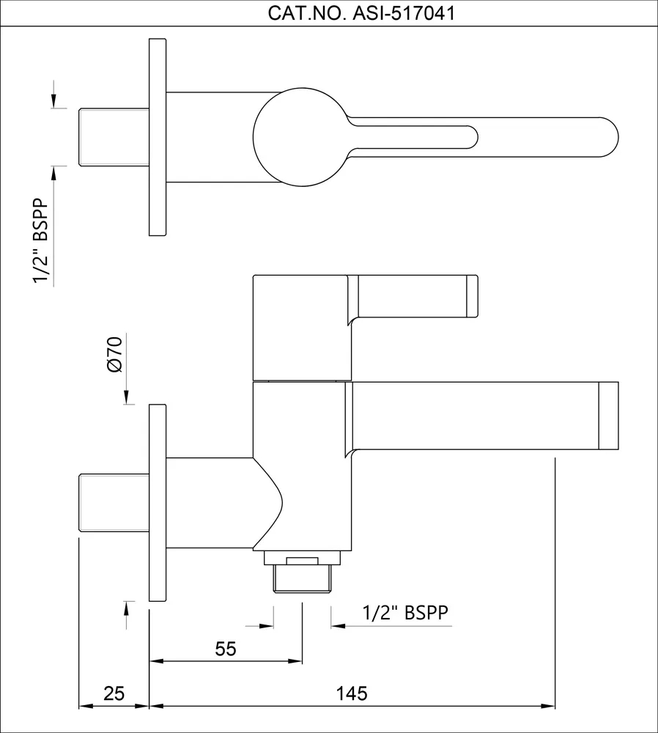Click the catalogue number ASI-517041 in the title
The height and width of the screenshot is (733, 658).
coord(404,13)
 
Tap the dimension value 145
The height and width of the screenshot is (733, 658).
coord(352,693)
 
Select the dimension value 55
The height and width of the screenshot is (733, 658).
coord(226,649)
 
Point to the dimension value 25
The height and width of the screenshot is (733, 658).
coord(114,693)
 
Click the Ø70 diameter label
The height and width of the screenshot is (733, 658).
coord(114,354)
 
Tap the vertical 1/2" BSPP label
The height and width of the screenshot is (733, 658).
coord(40,240)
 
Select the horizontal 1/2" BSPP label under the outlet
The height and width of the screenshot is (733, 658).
coord(405,612)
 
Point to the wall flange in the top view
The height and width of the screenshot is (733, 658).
coord(158,137)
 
